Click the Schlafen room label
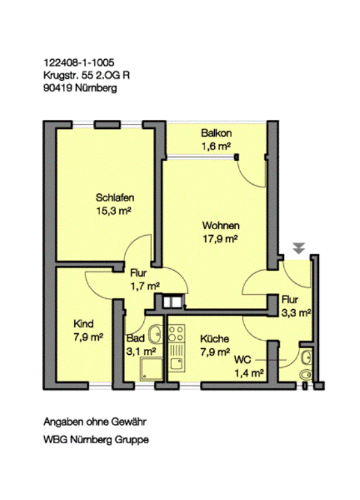point(115,198)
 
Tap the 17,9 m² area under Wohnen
point(220,239)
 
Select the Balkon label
point(216,133)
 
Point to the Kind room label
point(83,324)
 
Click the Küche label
point(215,339)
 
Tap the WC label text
point(243,360)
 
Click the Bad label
point(135,338)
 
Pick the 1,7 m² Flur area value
point(145,286)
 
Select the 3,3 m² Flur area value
point(296,312)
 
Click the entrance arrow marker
point(299,248)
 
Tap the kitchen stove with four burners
point(176,333)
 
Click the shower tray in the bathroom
point(152,369)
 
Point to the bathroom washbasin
point(156,334)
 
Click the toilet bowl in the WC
point(306,374)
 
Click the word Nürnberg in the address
point(96,88)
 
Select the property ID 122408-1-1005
point(79,62)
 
